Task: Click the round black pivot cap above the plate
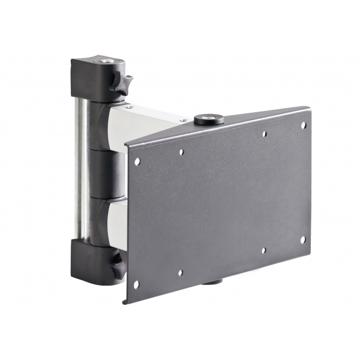(x=209, y=119)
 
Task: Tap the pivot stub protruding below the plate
(x=211, y=280)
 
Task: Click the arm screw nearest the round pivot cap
(x=184, y=120)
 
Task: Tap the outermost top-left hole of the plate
(x=137, y=161)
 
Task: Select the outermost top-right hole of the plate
(x=303, y=125)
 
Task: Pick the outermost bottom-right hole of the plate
(x=302, y=239)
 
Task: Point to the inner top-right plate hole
(x=264, y=134)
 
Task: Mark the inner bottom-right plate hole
(x=263, y=250)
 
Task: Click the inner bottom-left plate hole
(x=180, y=273)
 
